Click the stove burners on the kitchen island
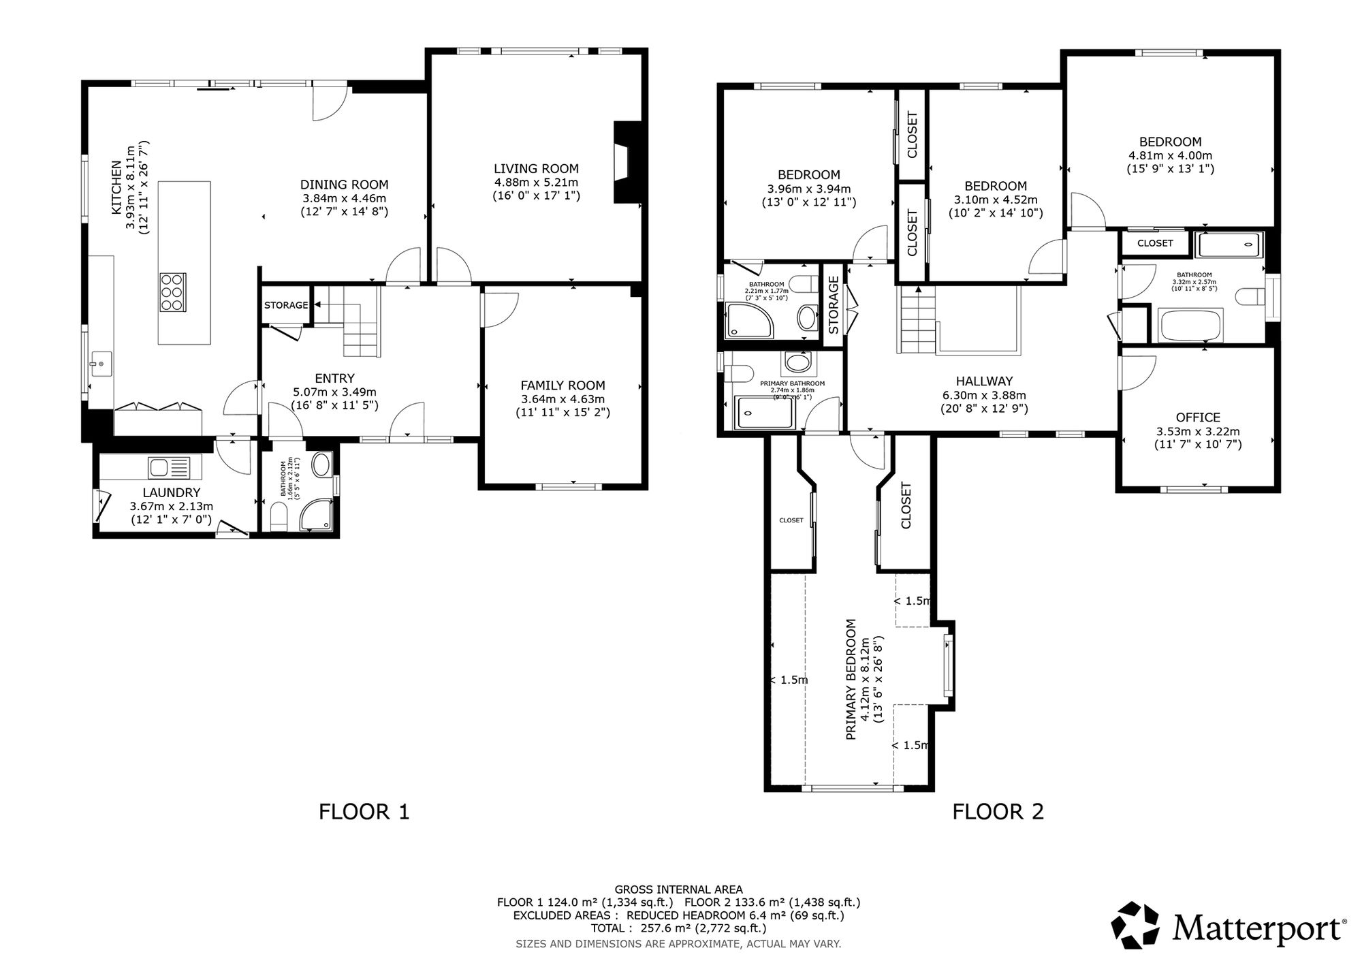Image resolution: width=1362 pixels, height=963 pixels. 173,291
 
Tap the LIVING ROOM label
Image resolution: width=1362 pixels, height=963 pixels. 536,168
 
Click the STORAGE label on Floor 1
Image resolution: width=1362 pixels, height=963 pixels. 286,305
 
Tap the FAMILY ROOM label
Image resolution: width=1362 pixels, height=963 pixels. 563,385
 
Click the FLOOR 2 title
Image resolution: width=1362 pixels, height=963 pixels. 998,812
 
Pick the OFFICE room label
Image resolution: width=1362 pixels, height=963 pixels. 1198,417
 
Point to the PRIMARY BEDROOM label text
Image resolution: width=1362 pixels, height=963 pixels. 851,679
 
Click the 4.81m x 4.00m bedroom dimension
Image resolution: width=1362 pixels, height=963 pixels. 1171,155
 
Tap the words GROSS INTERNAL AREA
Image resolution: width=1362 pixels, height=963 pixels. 678,889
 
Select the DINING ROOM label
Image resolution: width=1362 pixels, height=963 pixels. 345,185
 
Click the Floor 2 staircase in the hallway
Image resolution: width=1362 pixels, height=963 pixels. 917,320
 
